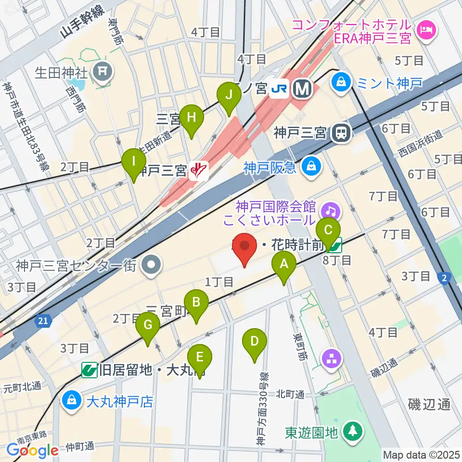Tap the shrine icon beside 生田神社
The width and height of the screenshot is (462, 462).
coord(102,72)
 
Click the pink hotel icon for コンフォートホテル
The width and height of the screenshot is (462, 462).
coord(425,31)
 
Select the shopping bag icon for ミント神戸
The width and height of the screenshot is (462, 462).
coord(341,82)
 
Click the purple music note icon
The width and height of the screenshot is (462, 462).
coord(331,210)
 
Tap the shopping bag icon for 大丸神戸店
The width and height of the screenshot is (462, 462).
coord(71,400)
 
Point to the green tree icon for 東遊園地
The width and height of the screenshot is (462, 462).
coord(353,432)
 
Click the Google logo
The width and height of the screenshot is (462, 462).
coord(33,450)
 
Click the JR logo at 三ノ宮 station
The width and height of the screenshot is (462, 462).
coord(279,88)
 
